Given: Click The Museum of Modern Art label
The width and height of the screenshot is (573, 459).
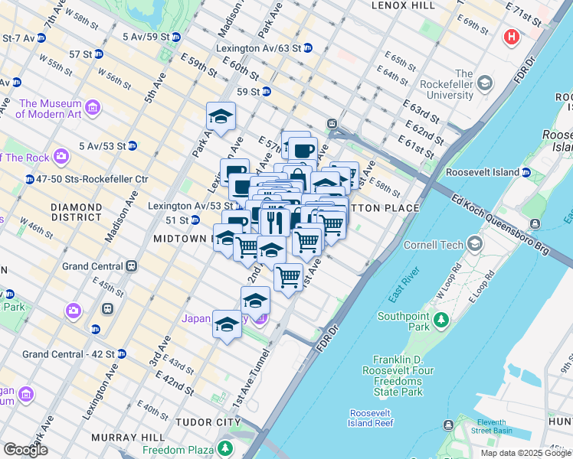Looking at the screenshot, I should pos(51,109).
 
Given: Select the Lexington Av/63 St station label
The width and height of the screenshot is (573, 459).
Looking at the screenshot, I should pos(259,47).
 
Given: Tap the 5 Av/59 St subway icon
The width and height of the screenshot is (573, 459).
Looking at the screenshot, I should pos(176,37).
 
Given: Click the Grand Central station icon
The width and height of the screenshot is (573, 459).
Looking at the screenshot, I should pos(132,266).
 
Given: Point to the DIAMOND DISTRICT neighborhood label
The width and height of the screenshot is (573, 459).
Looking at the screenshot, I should pos(75,212).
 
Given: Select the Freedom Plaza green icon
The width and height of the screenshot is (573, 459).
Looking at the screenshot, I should pos(225,448).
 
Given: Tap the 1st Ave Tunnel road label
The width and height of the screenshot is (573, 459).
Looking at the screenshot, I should pos(253,378).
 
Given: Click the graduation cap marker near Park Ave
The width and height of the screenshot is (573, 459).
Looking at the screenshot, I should pos(221,116).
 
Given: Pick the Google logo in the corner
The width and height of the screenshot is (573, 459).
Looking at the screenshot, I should pos(25,450).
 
